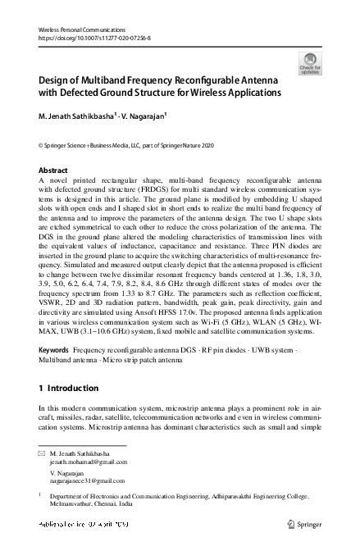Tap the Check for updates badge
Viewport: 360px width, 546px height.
click(x=311, y=62)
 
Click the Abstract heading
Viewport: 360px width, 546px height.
click(x=54, y=171)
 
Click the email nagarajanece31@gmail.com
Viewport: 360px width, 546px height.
click(x=93, y=482)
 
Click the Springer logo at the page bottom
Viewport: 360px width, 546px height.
click(x=303, y=523)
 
